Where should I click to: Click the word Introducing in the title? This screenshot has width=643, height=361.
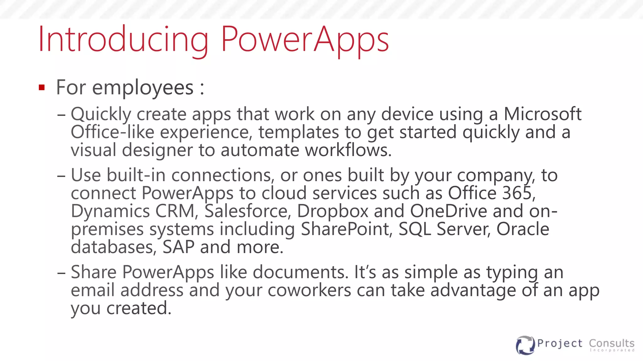123,40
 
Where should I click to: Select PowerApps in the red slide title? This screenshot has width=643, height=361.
305,40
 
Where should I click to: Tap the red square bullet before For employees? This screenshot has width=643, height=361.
42,87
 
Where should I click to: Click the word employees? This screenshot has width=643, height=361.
143,88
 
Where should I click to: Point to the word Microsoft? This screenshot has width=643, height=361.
543,114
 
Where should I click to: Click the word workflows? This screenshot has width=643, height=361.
348,150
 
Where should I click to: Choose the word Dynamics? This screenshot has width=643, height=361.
110,211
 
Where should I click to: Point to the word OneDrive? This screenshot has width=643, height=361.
449,211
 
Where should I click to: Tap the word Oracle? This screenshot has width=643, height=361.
523,229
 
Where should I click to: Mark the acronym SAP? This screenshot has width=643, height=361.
178,247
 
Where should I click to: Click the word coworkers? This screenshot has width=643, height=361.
309,290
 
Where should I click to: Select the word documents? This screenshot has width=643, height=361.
300,272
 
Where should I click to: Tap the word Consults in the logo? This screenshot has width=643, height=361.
612,343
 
